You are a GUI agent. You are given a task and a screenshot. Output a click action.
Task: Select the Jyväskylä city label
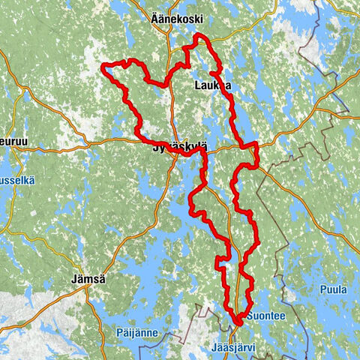174,148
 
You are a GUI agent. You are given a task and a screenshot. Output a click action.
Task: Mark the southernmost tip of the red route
236,323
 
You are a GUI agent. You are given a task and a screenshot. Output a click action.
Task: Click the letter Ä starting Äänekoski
155,19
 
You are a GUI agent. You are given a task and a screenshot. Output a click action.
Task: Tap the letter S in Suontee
248,316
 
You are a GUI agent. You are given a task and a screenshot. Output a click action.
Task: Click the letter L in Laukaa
197,86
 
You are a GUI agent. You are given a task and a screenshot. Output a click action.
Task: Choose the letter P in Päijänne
119,331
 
